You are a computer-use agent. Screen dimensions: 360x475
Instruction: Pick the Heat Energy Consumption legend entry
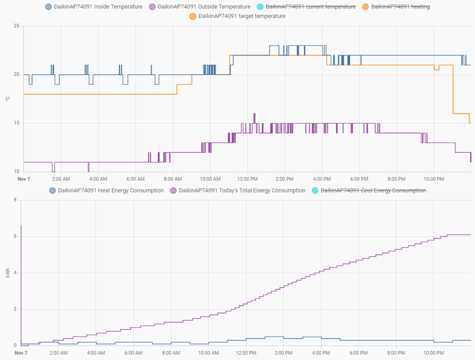[110, 191]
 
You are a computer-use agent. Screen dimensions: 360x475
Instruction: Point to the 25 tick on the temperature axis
[16, 26]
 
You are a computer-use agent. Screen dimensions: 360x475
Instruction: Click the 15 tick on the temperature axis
[16, 123]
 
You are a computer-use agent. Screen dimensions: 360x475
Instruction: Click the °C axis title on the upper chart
[7, 99]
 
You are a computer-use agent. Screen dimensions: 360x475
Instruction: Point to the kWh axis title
[7, 273]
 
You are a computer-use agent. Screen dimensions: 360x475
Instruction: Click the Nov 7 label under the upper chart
[23, 178]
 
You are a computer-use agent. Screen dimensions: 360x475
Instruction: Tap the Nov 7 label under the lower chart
[21, 353]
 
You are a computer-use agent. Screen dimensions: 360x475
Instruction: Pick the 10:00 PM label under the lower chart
[433, 353]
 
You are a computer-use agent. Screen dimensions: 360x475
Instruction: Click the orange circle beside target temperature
[193, 16]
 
